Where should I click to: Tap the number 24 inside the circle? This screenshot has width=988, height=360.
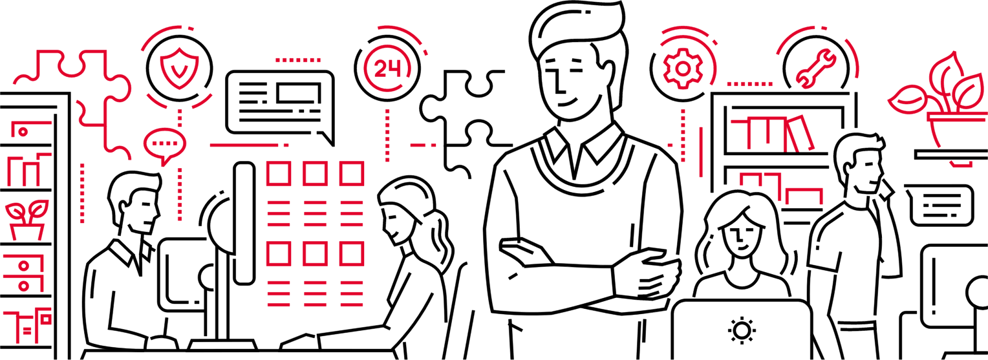coord(387,69)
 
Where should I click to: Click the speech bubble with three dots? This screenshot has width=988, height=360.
coord(165,143)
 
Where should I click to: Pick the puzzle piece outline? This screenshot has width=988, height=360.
coord(78,97)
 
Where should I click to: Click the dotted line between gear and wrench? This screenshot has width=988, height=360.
coord(750,84)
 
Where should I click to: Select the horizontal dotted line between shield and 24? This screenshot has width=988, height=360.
coord(298,60)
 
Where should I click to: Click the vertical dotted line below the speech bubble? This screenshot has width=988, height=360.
coord(180,194)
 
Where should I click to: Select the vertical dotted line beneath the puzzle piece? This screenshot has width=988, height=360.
coord(82,193)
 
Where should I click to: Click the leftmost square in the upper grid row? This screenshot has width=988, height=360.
coord(278,175)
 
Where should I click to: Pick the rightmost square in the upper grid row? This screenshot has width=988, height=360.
coord(352,175)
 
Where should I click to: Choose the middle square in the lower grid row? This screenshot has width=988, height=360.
coord(315,254)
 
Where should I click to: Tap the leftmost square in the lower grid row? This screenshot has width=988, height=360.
coord(278,254)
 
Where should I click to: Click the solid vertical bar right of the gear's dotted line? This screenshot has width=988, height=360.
coord(701,152)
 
